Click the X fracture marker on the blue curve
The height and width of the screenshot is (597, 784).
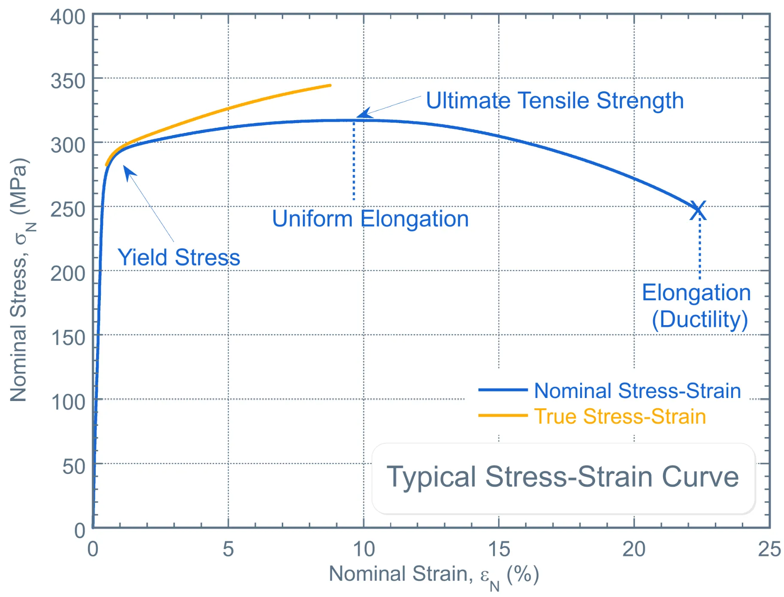[698, 211]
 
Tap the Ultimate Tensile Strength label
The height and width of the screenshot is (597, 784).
[554, 101]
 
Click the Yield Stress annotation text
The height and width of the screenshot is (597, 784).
[179, 257]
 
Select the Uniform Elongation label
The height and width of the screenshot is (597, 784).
[370, 219]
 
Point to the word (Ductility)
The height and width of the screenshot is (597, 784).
[699, 320]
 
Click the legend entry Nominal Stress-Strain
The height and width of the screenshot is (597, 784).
[637, 391]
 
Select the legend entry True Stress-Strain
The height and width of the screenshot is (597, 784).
[620, 416]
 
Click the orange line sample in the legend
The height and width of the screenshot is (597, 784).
[502, 415]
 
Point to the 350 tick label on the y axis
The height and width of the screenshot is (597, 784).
[68, 81]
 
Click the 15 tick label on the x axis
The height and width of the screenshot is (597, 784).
[499, 549]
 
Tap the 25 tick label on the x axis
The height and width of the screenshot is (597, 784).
[769, 549]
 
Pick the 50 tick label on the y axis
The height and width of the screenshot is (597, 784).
[74, 466]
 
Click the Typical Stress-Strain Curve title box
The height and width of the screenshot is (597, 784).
[563, 478]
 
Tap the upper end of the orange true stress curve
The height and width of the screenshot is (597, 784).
[329, 85]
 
